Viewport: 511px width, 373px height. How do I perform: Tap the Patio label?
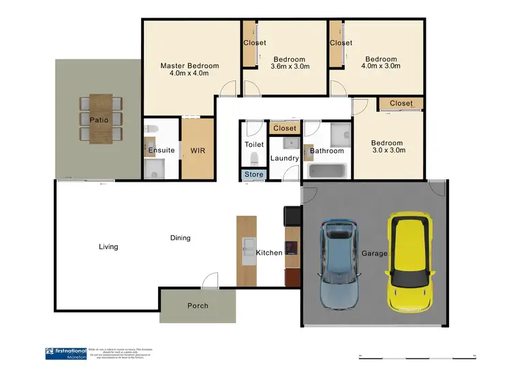coord(99,120)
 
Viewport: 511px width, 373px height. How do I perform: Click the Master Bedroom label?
coord(189,66)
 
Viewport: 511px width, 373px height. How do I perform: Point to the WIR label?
coord(198,150)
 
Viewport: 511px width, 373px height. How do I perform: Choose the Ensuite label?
coord(161,150)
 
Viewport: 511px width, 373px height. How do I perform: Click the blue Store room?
coord(253,175)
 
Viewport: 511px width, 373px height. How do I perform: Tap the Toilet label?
coord(253,144)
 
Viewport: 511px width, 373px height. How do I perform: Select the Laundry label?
coord(284,159)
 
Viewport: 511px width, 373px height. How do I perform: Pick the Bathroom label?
coord(327,150)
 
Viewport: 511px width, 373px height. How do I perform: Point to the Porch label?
coord(198,306)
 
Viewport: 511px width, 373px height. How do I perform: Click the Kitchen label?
coord(269,253)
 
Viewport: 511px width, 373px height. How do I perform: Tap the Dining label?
coord(181,238)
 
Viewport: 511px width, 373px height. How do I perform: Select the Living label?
coord(108,246)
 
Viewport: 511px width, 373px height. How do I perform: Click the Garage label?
coord(374,253)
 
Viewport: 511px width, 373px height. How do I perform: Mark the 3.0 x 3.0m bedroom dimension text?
coord(388,150)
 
